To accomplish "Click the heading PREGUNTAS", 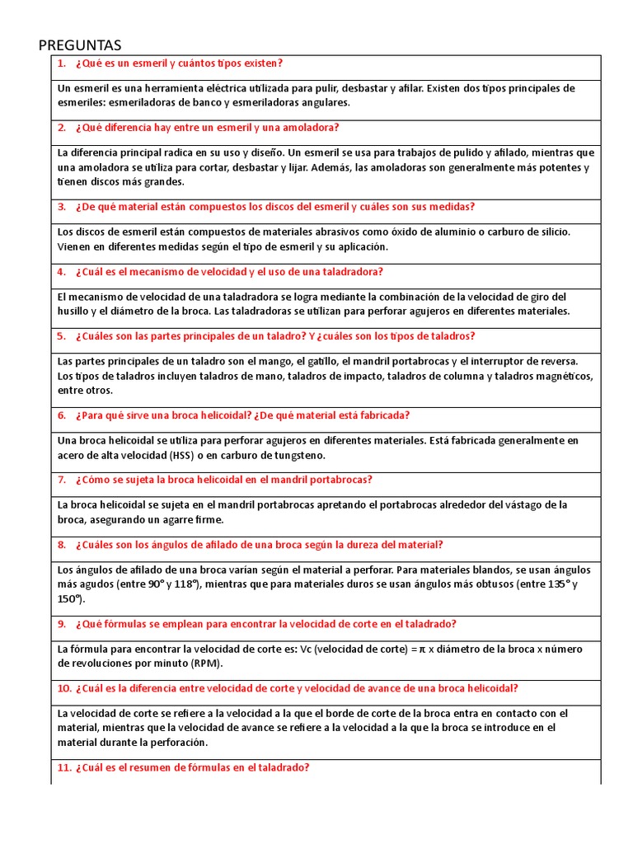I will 80,45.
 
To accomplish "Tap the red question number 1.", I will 61,63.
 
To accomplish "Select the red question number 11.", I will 64,767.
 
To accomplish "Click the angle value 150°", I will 71,599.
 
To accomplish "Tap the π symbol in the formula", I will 422,649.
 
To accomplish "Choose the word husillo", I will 74,312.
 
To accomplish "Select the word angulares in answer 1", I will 326,102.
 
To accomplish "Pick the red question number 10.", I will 64,688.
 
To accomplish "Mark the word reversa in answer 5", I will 559,361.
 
